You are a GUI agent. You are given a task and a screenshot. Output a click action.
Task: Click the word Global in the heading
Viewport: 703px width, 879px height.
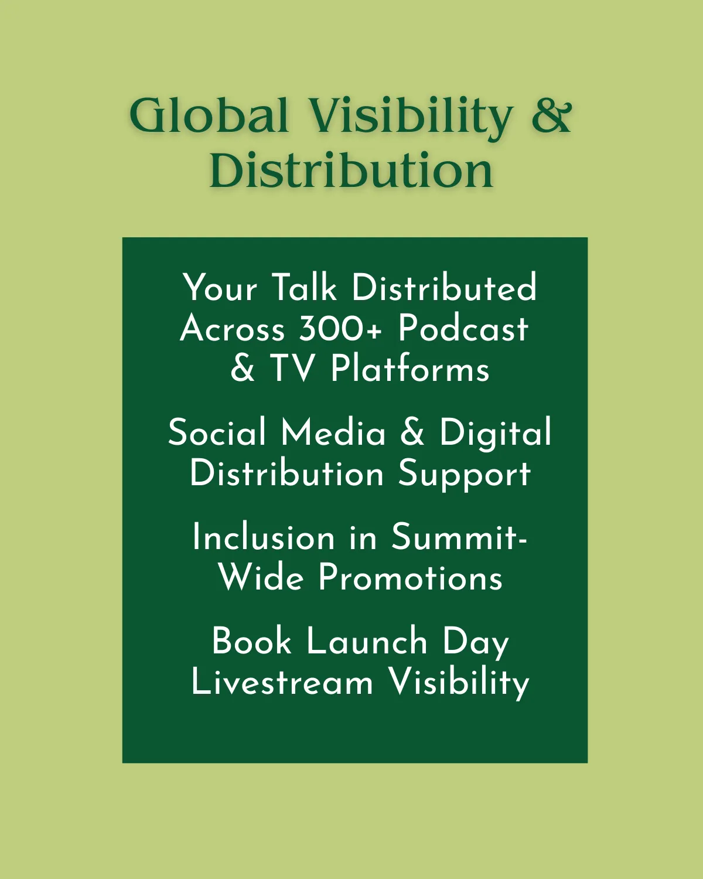coord(209,115)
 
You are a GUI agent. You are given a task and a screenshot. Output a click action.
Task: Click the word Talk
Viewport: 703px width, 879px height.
coord(304,288)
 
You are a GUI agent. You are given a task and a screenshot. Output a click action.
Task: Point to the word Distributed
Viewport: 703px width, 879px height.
coord(444,288)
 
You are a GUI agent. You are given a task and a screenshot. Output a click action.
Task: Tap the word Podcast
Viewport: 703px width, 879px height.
coord(463,329)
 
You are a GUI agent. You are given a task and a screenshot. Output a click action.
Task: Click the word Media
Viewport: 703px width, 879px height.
coord(333,432)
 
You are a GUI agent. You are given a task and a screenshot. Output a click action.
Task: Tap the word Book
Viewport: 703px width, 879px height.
coord(252,641)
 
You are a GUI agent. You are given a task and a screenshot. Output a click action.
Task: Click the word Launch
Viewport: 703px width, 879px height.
coord(366,641)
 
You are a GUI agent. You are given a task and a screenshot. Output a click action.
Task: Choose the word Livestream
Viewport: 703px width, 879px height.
coord(282,682)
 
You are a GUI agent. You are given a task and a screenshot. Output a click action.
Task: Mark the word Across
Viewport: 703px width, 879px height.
coord(232,329)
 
